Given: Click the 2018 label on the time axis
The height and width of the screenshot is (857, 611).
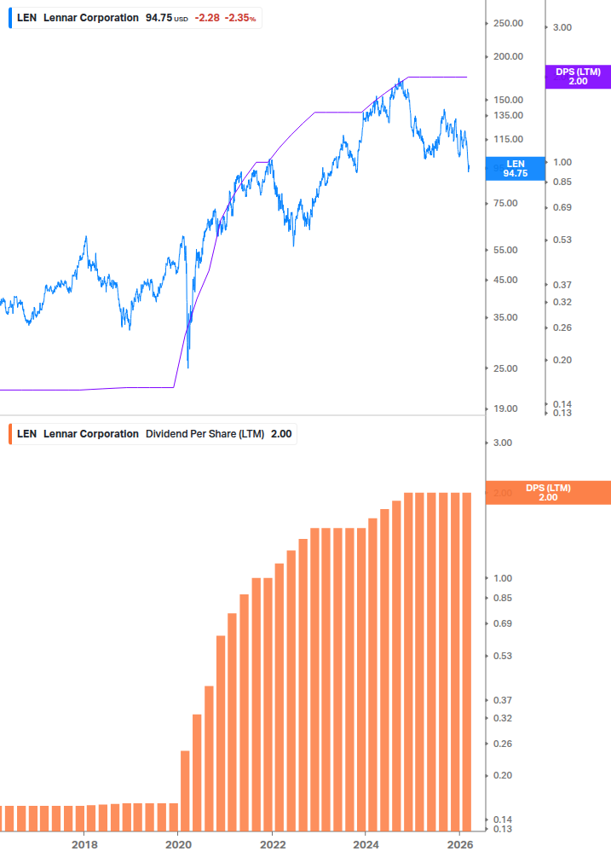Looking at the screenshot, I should pos(84,844).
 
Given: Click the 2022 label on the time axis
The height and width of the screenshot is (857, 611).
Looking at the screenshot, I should pos(272,844).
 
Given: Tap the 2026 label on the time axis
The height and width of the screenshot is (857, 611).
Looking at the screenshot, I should pos(459,844).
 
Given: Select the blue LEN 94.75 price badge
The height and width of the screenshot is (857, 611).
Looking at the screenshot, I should pos(515,168).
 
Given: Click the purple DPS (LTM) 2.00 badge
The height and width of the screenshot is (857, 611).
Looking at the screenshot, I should pos(578,77).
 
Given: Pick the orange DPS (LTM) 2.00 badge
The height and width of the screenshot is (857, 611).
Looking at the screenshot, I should pos(547,493).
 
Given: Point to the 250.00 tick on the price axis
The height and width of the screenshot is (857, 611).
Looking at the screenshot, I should pos(508,23).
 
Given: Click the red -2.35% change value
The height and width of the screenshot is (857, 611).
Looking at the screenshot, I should pos(241,17).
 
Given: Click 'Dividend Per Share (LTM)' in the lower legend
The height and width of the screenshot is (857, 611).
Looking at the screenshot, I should pos(205,434).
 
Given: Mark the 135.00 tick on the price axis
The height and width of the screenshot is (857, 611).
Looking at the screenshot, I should pos(508,115).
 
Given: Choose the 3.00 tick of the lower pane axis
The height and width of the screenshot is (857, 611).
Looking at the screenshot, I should pos(502,443).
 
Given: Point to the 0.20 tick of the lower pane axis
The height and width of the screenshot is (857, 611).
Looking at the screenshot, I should pos(502,775).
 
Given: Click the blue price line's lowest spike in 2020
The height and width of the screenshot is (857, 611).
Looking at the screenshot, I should pos(187,367).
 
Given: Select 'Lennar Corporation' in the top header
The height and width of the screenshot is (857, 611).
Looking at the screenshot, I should pos(90,17).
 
